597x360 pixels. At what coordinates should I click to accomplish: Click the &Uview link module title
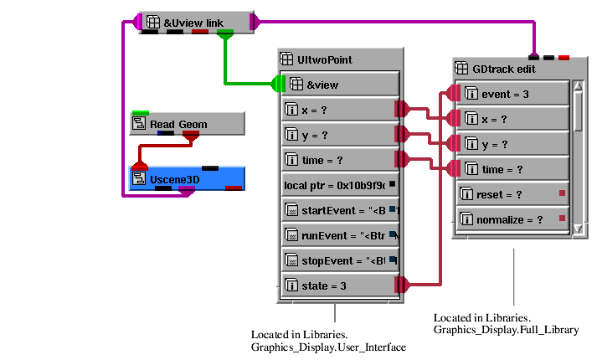193,22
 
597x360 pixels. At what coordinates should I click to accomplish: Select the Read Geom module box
187,124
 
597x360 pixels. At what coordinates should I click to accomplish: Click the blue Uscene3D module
186,177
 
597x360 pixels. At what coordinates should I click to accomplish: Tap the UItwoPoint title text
325,59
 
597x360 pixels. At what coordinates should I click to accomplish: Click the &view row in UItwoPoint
340,84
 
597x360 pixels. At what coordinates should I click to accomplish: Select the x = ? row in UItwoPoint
338,109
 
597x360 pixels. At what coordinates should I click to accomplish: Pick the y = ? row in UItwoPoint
338,134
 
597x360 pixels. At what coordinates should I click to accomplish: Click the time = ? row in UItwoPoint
338,159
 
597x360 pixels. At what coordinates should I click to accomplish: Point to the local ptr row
338,184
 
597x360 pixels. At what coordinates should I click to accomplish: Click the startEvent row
338,209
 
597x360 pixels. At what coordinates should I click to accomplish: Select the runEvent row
338,234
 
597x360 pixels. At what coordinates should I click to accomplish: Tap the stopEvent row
338,260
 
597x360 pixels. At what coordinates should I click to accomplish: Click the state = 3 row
338,285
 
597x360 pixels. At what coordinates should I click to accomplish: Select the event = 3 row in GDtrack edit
512,94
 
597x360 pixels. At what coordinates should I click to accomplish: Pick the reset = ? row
512,194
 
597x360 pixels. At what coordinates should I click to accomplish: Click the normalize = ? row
512,219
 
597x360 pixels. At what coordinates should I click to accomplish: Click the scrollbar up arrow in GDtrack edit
578,86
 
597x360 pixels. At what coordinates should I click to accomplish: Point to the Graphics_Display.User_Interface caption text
328,347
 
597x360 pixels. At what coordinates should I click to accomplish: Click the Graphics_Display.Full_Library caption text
506,330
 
